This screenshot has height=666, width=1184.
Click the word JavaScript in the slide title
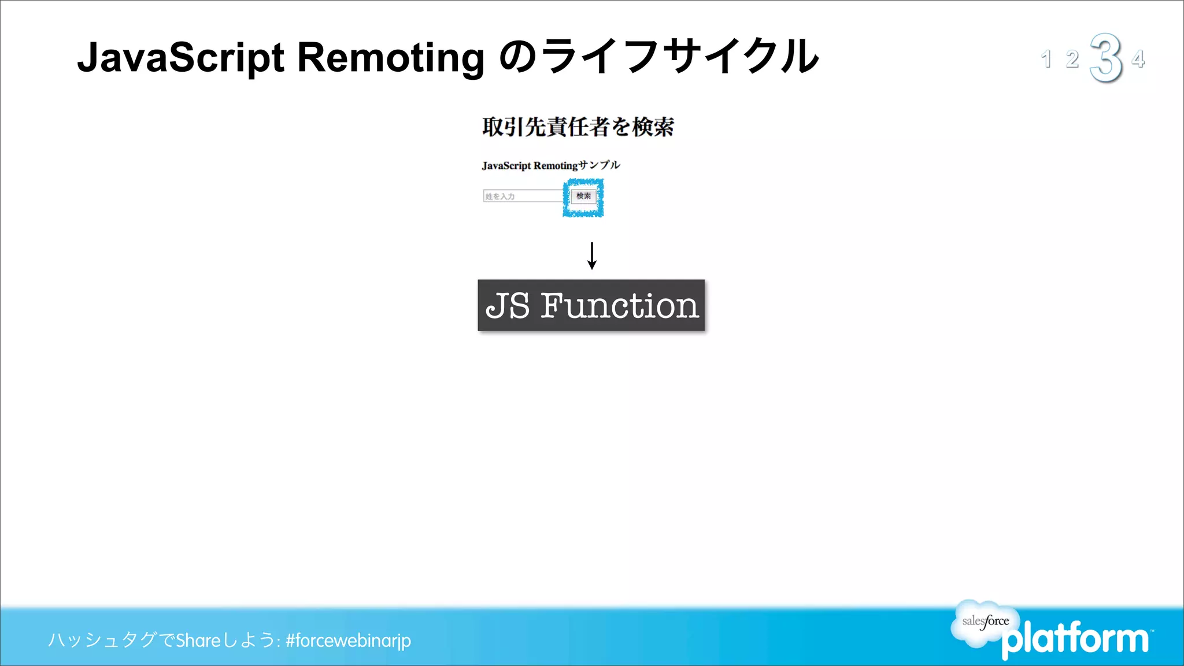click(180, 58)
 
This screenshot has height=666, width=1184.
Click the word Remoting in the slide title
click(391, 58)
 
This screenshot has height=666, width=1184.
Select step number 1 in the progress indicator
click(1046, 59)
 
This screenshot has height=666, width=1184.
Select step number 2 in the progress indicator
click(1072, 59)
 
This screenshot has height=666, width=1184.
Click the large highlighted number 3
click(1105, 58)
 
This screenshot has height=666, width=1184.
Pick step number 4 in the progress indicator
click(1138, 58)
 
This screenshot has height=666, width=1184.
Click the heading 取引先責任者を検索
click(578, 127)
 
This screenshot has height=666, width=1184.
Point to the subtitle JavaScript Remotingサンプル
click(550, 165)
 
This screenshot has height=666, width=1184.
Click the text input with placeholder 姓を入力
click(523, 196)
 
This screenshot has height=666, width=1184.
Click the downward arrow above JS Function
click(591, 256)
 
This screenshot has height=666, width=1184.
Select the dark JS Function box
click(591, 305)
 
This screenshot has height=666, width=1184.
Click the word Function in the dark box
click(619, 305)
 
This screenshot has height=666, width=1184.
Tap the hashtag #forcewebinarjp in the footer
click(348, 641)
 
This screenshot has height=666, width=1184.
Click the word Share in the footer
click(198, 641)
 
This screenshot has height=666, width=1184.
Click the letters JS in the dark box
click(508, 305)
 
